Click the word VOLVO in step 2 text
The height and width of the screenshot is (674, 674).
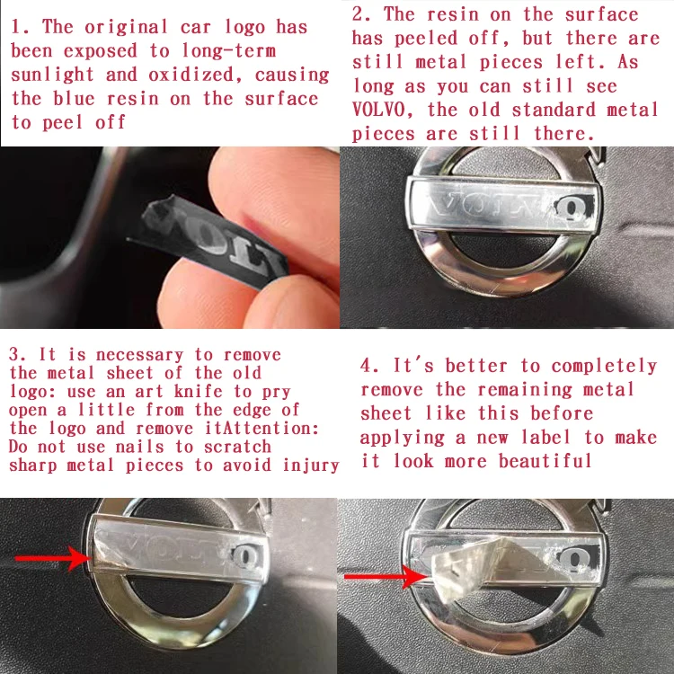pos(378,110)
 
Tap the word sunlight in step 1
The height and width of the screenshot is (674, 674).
pos(52,75)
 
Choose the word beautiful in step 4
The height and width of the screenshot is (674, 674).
pos(545,461)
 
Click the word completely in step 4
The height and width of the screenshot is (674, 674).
pos(604,367)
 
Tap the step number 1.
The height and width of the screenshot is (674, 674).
pos(20,27)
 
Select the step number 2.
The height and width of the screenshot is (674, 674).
pos(361,14)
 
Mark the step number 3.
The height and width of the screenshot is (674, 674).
pos(17,355)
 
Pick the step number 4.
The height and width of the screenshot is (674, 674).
pos(368,367)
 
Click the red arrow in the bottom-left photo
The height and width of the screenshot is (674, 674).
pos(53,558)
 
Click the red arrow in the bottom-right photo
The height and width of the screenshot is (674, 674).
pos(386,576)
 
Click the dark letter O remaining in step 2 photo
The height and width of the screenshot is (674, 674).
pos(570,209)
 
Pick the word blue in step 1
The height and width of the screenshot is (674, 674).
pos(74,99)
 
